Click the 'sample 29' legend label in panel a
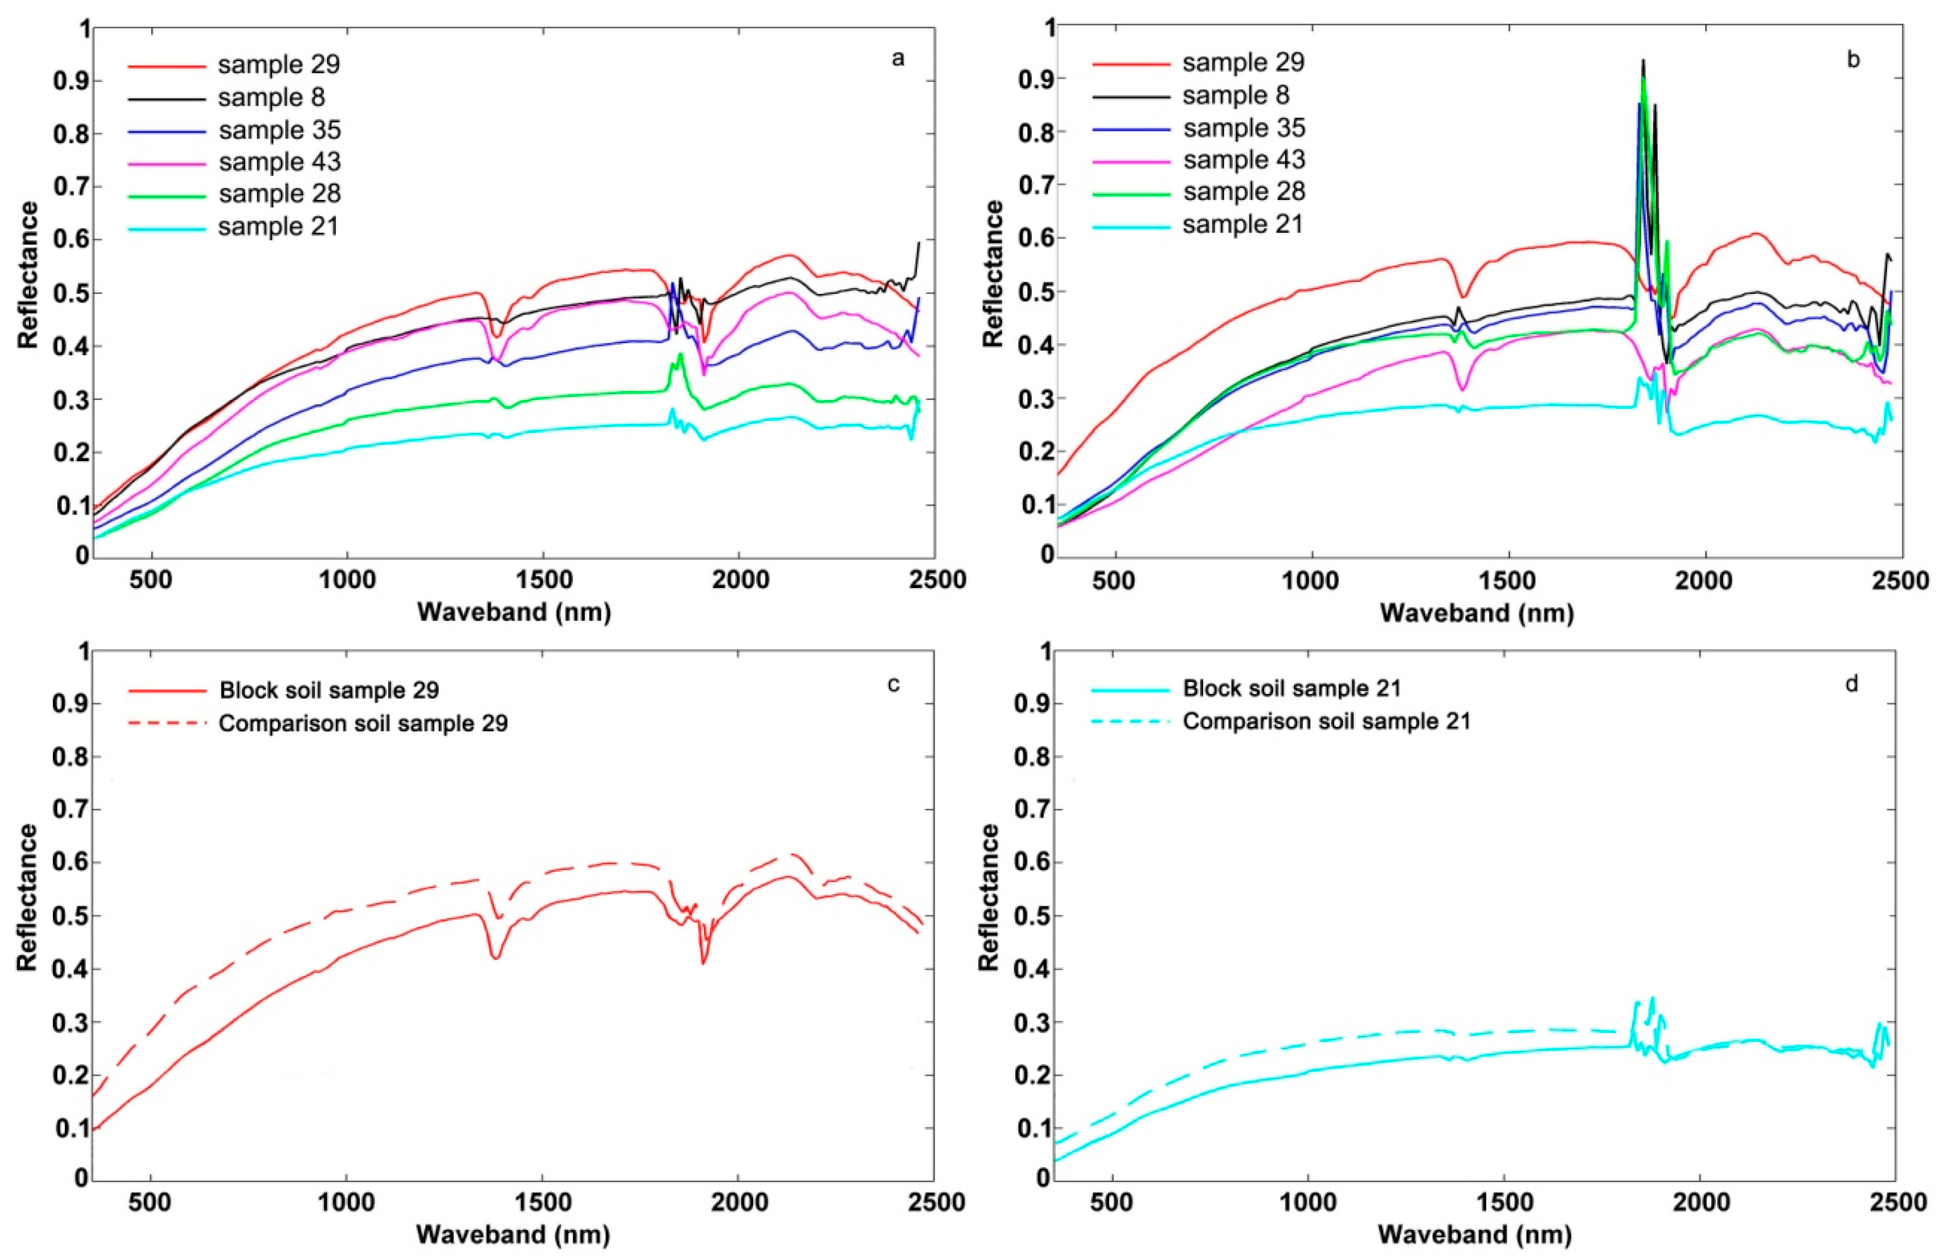(x=279, y=65)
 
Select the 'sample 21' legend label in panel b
(x=1243, y=224)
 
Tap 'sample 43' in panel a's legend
(x=279, y=162)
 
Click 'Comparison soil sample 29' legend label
(x=363, y=723)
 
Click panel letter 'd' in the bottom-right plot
(x=1852, y=684)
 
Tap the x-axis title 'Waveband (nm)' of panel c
(x=513, y=1235)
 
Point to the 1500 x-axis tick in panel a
(x=543, y=580)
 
